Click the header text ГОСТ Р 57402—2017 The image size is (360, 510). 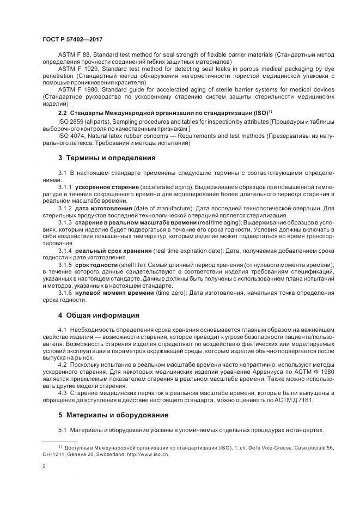pyautogui.click(x=72, y=40)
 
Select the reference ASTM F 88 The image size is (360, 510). pyautogui.click(x=72, y=56)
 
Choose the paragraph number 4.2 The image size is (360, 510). pyautogui.click(x=62, y=364)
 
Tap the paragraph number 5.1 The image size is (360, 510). pyautogui.click(x=62, y=430)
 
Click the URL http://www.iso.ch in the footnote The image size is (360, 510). pyautogui.click(x=149, y=454)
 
